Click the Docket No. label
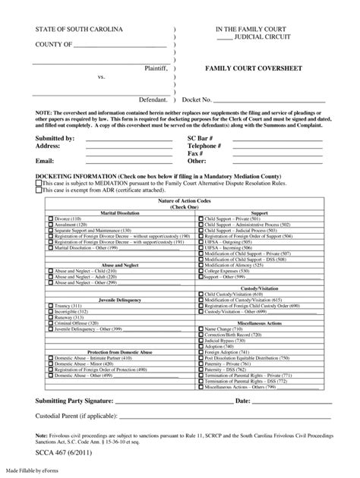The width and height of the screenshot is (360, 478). point(198,99)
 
